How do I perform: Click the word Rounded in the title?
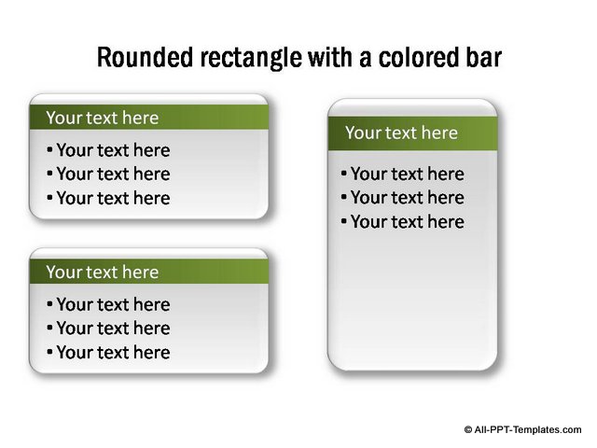coord(146,58)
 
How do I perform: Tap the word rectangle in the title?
coord(251,59)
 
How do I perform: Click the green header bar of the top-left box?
coord(149,118)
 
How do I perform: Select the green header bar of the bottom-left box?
coord(149,272)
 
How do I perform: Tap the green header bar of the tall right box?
coord(412,133)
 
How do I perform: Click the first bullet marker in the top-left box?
coord(49,149)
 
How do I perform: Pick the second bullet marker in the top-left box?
coord(49,174)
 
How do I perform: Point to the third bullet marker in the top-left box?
coord(49,197)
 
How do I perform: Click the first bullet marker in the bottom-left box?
coord(49,303)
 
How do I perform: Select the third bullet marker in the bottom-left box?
coord(49,352)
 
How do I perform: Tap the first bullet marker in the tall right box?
coord(344,174)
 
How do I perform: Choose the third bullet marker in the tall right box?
coord(344,221)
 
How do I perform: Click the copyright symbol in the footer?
coord(468,430)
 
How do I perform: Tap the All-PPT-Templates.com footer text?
coord(528,429)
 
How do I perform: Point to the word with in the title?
coord(330,58)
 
